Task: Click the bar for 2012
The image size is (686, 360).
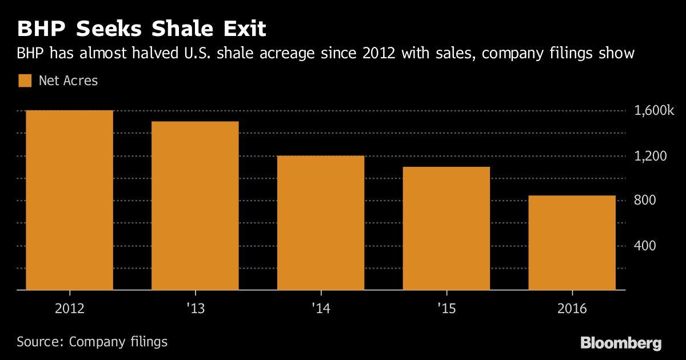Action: pyautogui.click(x=69, y=200)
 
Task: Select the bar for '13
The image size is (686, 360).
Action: pyautogui.click(x=195, y=206)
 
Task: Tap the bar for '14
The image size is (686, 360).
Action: pyautogui.click(x=321, y=223)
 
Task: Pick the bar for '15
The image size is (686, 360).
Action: pyautogui.click(x=446, y=229)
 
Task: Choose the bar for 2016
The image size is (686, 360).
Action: pyautogui.click(x=572, y=243)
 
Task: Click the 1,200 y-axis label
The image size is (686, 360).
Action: pyautogui.click(x=650, y=156)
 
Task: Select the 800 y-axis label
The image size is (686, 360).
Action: pyautogui.click(x=644, y=201)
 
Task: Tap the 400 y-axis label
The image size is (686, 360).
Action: pyautogui.click(x=644, y=246)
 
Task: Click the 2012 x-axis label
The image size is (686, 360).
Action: pyautogui.click(x=69, y=309)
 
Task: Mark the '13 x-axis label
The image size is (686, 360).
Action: pyautogui.click(x=195, y=309)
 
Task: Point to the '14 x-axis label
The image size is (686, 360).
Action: pyautogui.click(x=321, y=309)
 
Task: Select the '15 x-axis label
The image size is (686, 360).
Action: pyautogui.click(x=446, y=309)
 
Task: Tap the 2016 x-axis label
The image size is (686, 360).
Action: pyautogui.click(x=572, y=309)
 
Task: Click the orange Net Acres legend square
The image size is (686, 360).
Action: pyautogui.click(x=25, y=81)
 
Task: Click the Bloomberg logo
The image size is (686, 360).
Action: pyautogui.click(x=621, y=343)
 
